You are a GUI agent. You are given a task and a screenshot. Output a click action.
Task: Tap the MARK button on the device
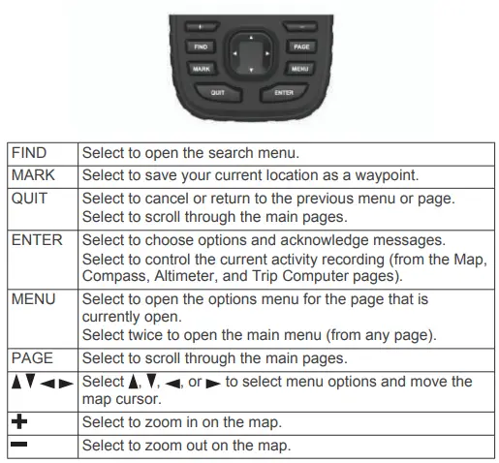coord(202,69)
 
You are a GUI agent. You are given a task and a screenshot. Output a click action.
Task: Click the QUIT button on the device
coord(218,92)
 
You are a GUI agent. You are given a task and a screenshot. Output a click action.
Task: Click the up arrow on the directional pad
coord(250,40)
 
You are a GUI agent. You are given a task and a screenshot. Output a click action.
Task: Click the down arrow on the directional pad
coord(250,72)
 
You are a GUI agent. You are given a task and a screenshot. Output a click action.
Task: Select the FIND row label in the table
coord(29,152)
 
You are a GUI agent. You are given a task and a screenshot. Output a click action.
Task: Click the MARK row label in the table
coord(31,174)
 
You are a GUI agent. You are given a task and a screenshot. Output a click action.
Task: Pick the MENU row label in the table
coord(32,299)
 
